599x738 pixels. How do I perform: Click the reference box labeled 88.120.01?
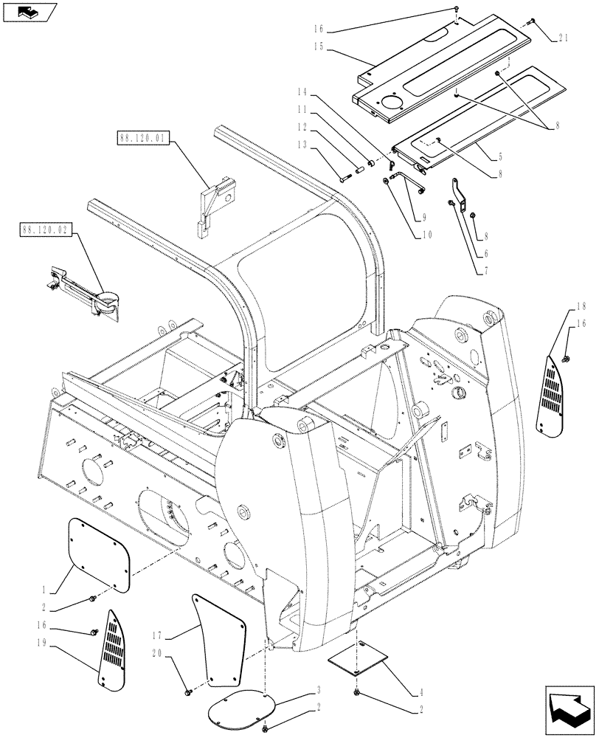coord(143,137)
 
